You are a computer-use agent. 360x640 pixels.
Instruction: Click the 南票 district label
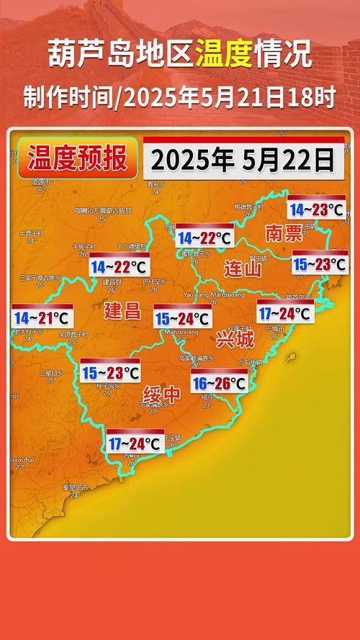284,233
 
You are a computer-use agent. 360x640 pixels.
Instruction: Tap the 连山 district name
242,269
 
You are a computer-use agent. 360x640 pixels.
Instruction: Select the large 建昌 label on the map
122,311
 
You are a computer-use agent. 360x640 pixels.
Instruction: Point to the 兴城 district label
235,338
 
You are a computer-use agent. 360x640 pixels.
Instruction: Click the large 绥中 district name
161,395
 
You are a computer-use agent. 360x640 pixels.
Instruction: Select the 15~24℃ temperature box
183,317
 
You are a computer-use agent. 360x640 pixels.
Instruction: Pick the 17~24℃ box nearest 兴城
285,313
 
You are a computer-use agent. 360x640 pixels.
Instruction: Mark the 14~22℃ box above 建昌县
120,267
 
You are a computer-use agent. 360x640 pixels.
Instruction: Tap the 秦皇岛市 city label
75,488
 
